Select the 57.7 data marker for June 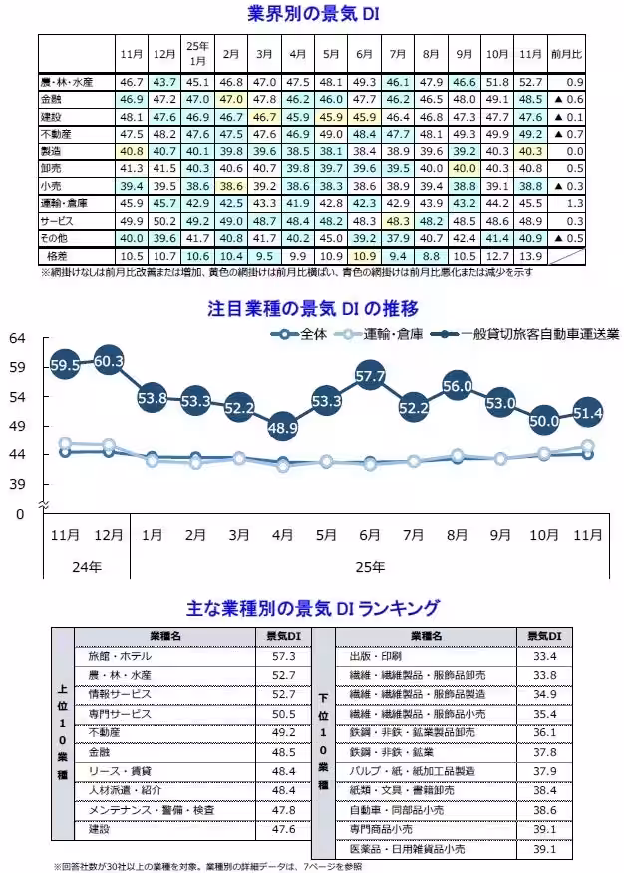point(370,376)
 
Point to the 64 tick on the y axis point(17,339)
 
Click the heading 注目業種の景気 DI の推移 point(313,306)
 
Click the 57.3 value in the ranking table point(284,656)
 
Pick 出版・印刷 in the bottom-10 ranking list point(376,656)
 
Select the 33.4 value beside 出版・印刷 point(543,656)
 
